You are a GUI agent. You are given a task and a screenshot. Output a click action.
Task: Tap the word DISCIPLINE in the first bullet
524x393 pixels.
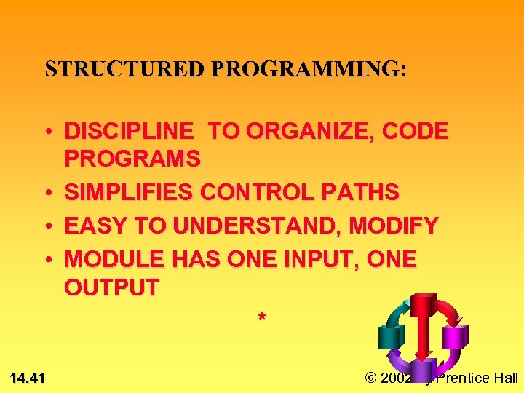130,132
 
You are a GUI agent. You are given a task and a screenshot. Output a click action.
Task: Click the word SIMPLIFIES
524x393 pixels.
130,193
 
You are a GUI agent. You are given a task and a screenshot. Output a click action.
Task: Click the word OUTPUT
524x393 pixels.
111,287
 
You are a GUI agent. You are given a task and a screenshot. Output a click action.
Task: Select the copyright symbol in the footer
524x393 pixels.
370,378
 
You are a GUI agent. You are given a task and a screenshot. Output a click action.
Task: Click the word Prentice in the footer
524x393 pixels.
469,378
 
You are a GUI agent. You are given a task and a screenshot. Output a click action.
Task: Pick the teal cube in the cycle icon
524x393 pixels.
391,337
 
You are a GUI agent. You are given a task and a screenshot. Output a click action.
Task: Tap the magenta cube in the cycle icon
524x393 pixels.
455,336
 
